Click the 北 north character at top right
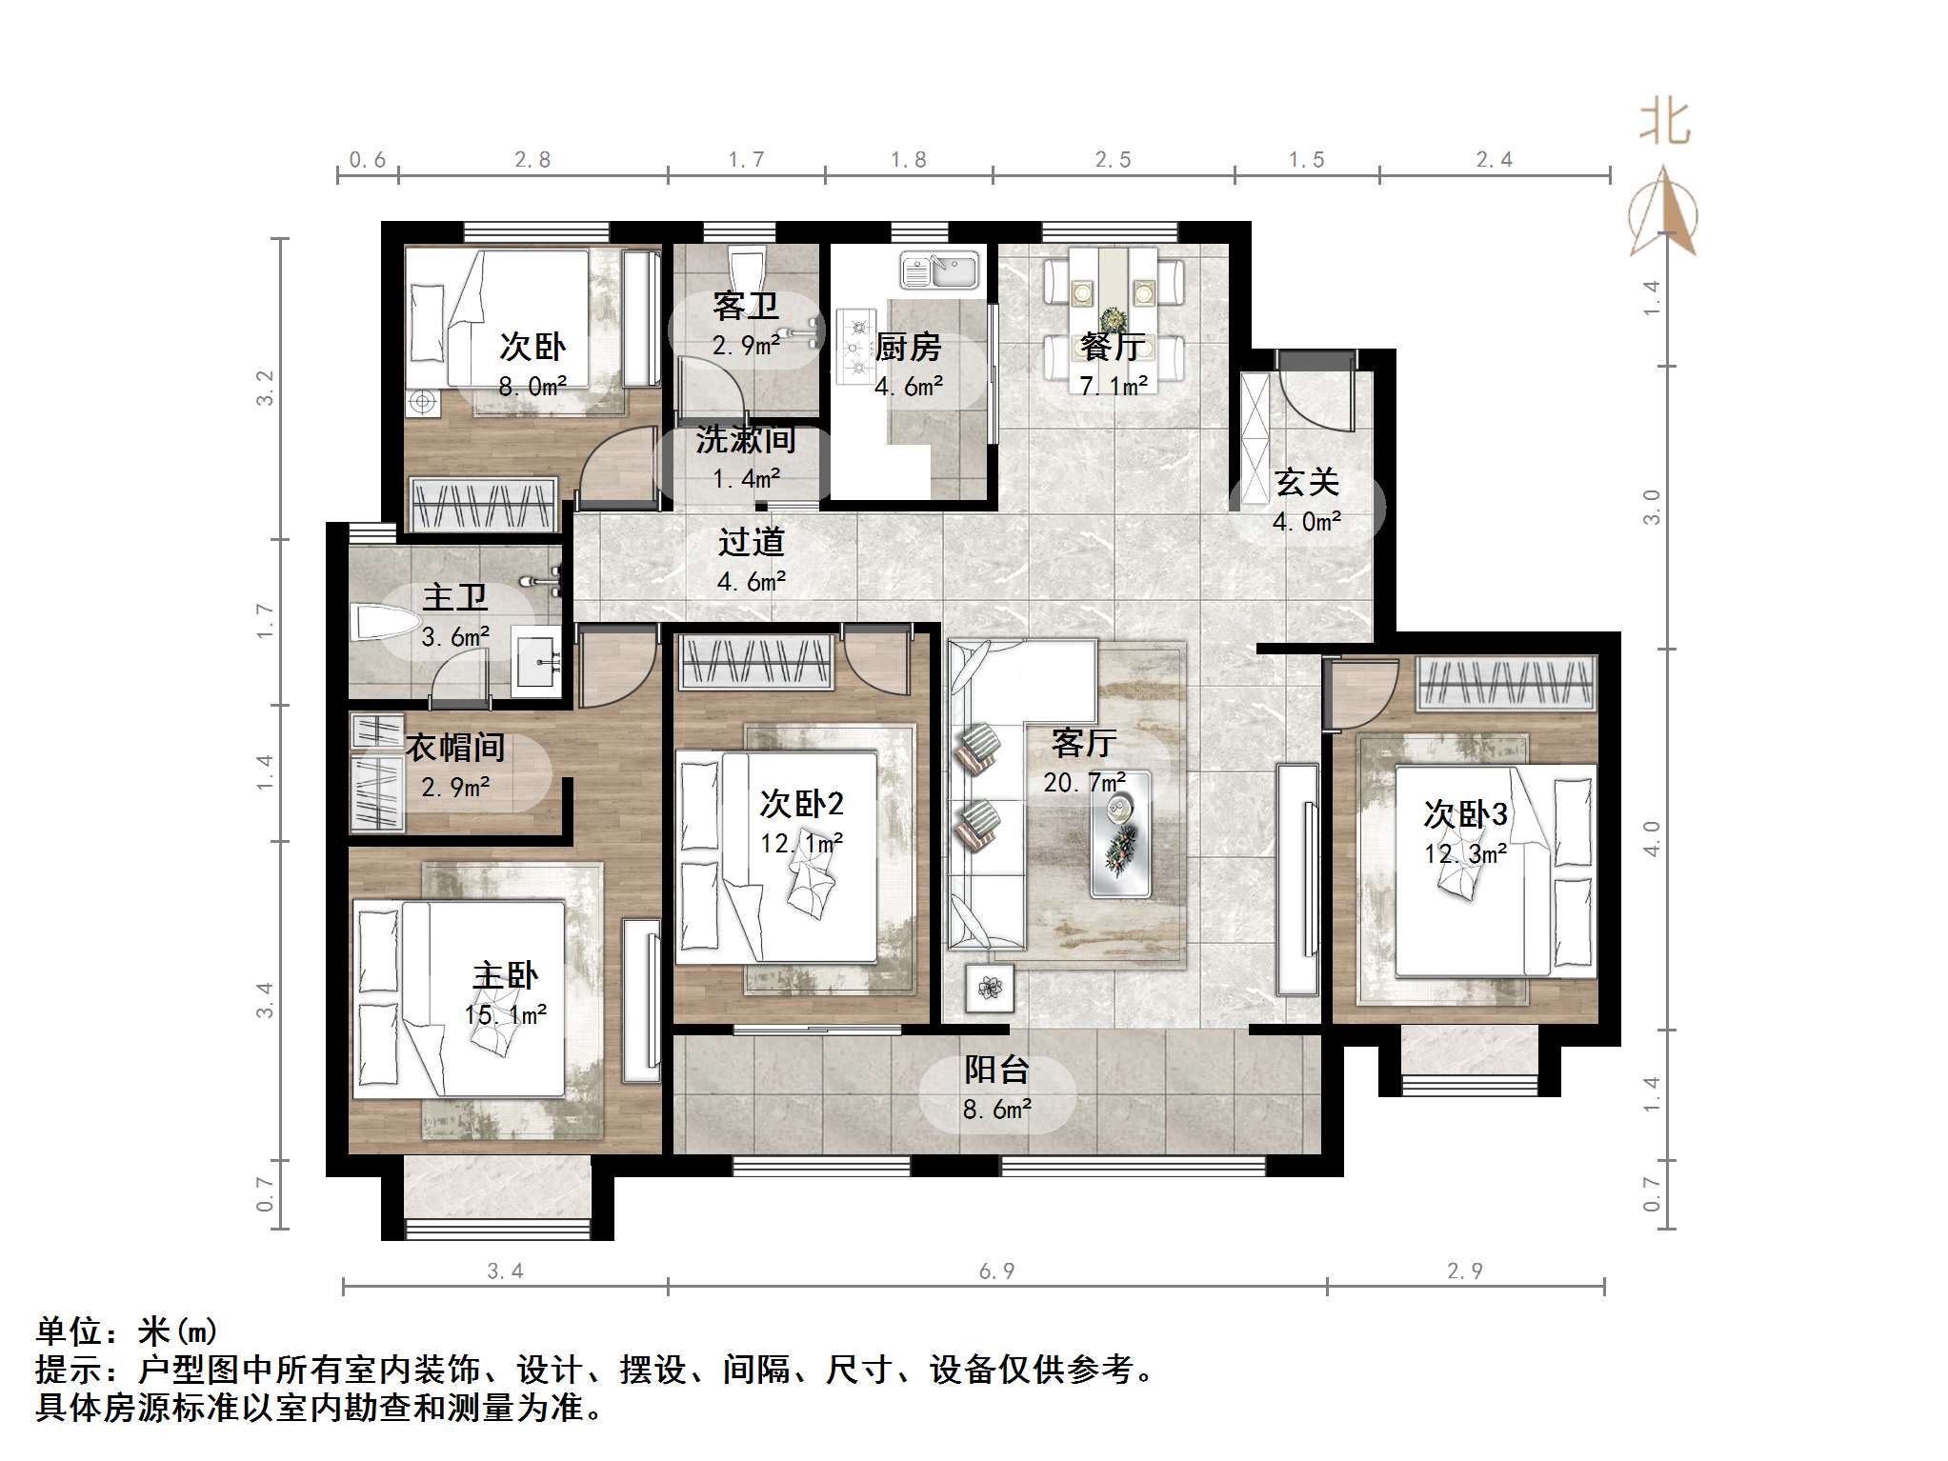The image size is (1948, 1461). click(1663, 123)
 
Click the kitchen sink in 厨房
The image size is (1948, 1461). click(939, 270)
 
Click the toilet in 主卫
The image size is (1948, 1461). click(384, 625)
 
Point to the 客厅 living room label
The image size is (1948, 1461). click(1084, 743)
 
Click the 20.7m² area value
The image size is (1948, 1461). click(1084, 783)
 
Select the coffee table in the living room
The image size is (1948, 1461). click(1120, 834)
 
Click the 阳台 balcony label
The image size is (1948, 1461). click(996, 1070)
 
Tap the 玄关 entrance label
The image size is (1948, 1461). click(1307, 482)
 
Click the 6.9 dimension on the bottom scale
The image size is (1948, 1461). click(996, 1271)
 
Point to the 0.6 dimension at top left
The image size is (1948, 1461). click(367, 160)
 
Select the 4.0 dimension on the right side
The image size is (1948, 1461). click(1652, 838)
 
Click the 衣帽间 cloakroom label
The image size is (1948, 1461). click(455, 748)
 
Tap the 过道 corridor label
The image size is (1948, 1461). click(751, 542)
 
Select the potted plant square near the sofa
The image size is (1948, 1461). click(990, 989)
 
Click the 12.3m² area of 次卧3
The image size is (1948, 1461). click(1465, 854)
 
